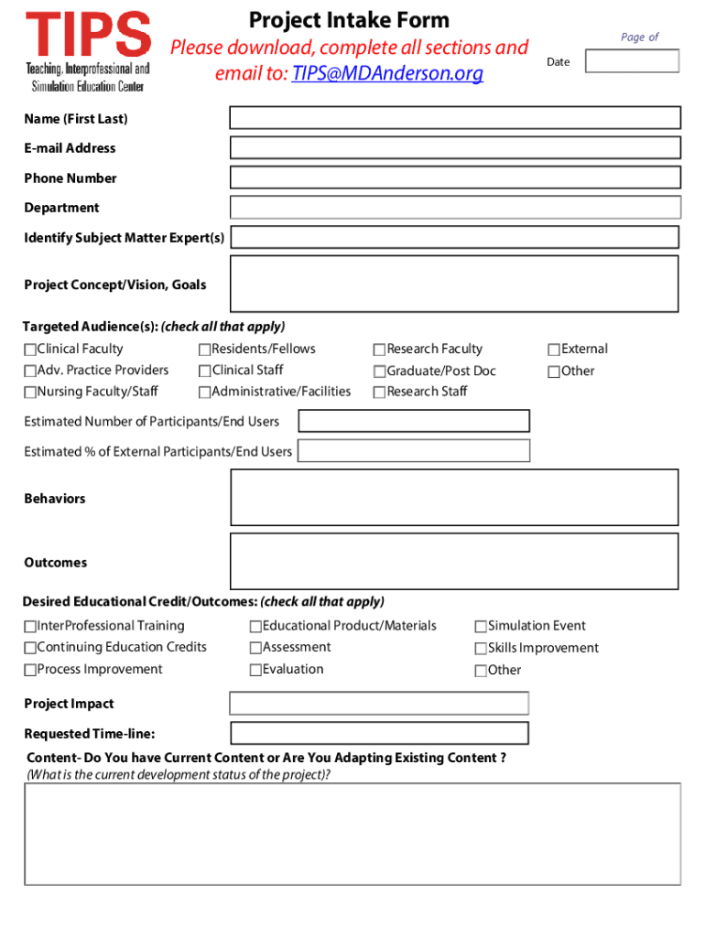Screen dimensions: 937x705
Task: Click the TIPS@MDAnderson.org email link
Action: [x=386, y=74]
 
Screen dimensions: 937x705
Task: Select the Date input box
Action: [x=632, y=61]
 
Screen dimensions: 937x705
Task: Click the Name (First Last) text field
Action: [x=454, y=118]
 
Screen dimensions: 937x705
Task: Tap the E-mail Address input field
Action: [x=454, y=148]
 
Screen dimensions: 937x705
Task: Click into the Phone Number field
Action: [x=454, y=178]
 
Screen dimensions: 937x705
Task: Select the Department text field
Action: [x=454, y=208]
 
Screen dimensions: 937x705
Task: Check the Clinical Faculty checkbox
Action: [x=30, y=350]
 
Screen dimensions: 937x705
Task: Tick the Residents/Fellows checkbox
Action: [x=204, y=350]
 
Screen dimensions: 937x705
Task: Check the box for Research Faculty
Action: [x=379, y=350]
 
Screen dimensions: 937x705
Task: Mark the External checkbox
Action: [x=554, y=350]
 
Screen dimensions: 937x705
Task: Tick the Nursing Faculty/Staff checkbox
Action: [x=30, y=393]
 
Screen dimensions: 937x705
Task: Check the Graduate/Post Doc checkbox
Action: [x=379, y=372]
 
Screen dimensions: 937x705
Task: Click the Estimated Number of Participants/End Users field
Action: [x=414, y=421]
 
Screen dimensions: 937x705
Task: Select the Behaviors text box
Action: [x=454, y=498]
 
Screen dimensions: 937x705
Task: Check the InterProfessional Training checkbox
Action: [x=30, y=627]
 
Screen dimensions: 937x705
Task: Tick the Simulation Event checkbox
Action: [x=481, y=627]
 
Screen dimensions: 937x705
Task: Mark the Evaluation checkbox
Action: [x=255, y=670]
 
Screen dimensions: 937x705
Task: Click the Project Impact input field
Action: [x=379, y=703]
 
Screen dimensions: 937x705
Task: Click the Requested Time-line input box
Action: [x=379, y=733]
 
